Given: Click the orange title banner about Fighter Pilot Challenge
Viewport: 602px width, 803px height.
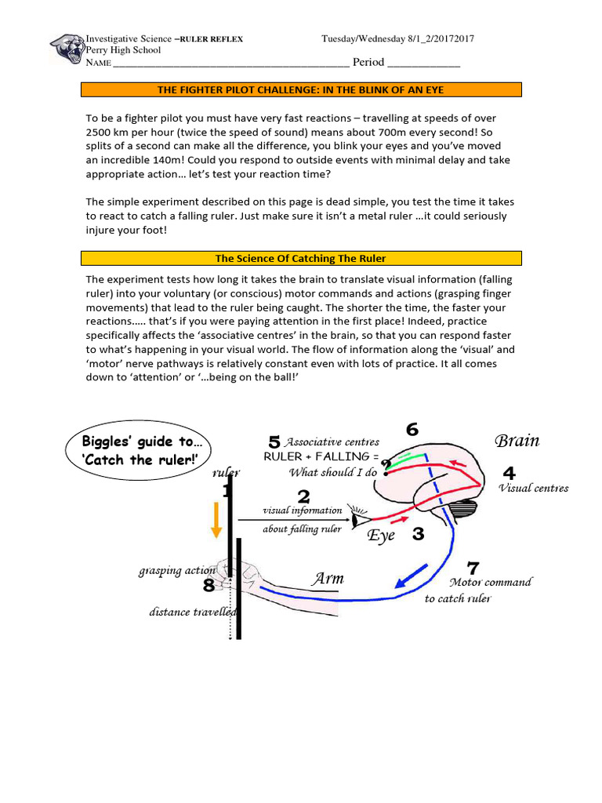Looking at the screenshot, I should point(301,90).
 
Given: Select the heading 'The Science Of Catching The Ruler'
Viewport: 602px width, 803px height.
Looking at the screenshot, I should point(301,258).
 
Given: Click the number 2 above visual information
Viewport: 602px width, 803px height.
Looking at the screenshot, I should point(303,496).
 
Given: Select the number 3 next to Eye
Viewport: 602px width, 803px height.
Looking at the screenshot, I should point(418,534).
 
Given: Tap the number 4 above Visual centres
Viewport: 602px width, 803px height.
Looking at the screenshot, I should point(509,474).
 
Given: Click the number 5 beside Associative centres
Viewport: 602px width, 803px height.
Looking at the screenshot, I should point(274,442).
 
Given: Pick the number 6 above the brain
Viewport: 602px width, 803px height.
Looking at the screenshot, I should point(412,429).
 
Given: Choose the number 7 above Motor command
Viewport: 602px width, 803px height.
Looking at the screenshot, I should point(473,567).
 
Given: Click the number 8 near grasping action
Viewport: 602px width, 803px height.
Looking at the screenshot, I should point(209,585).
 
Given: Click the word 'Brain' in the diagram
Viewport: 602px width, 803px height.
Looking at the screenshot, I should point(517,440).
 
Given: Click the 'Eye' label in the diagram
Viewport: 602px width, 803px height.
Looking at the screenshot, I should point(382,536).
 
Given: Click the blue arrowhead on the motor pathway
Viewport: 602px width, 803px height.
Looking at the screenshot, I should point(404,581).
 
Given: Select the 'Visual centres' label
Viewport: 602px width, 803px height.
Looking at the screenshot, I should point(533,489).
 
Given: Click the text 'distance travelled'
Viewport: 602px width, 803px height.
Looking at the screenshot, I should point(193,612).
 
